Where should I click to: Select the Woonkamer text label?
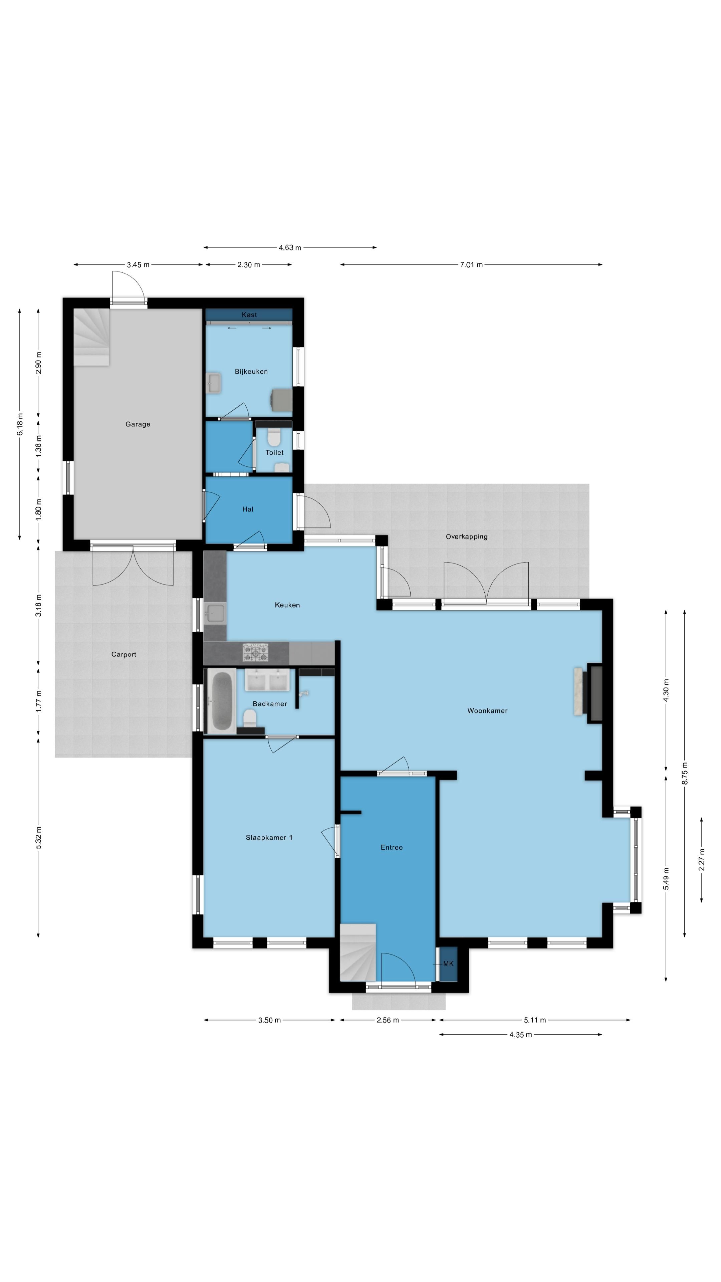487,711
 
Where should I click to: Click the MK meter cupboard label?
448,964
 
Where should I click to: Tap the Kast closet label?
249,314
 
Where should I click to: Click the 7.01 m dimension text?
471,265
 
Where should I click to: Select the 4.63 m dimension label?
290,247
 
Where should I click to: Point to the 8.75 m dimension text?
685,774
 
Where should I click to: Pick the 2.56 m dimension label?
387,1020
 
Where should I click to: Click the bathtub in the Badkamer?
221,701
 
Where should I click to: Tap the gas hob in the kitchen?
255,652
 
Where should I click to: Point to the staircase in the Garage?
91,337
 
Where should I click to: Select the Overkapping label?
466,537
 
